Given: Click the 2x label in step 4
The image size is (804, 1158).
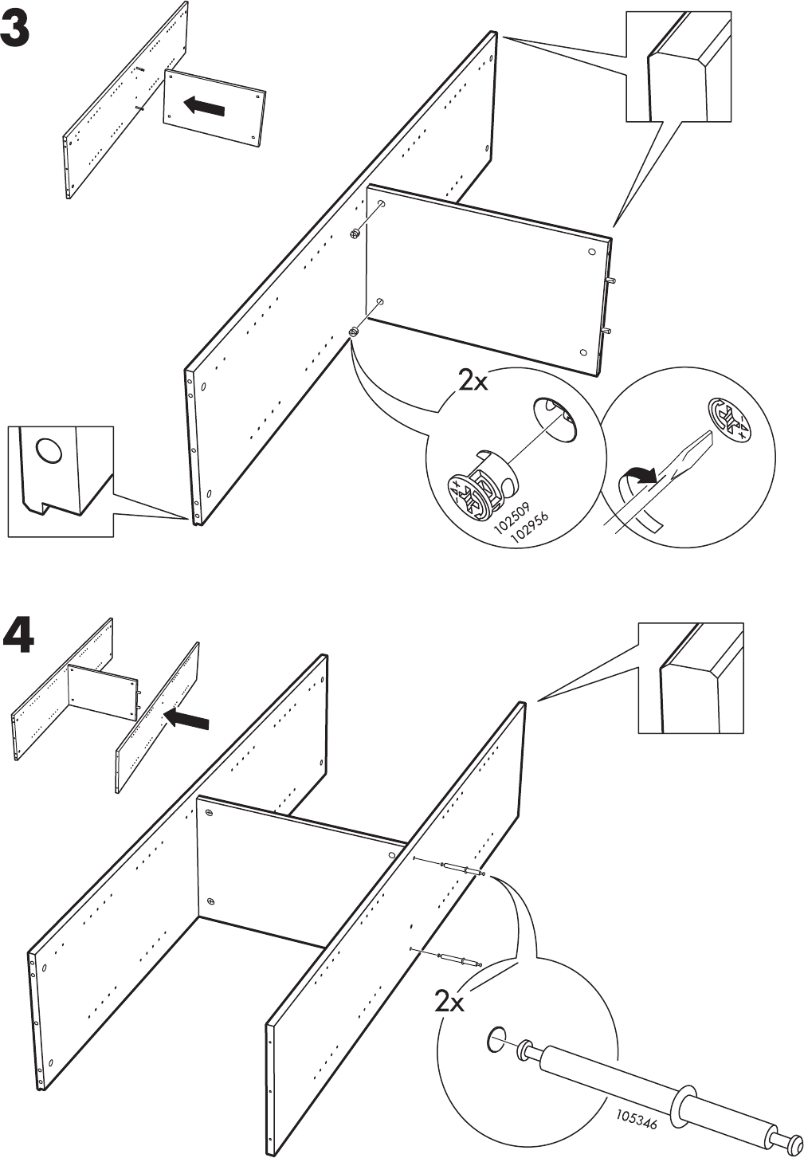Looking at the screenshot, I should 449,1001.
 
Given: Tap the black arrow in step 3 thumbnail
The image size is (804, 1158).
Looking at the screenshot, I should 203,106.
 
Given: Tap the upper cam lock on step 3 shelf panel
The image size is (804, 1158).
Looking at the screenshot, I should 355,234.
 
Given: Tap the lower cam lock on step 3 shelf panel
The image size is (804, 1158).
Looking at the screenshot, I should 354,332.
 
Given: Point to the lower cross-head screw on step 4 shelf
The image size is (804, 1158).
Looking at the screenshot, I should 210,901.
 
